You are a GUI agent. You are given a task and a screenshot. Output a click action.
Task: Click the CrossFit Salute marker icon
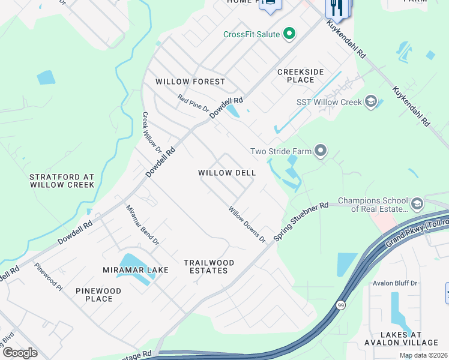click(x=289, y=34)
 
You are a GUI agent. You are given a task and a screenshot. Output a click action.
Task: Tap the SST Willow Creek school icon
click(x=370, y=101)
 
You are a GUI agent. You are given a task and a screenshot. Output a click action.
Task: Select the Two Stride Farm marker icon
click(x=321, y=151)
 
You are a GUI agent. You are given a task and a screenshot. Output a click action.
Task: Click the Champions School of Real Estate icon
click(x=417, y=204)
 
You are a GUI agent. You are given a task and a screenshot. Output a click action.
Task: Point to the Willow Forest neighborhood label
click(x=190, y=82)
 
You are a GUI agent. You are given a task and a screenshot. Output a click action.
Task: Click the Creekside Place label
click(x=300, y=76)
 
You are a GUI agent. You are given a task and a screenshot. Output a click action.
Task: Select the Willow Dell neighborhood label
click(x=227, y=173)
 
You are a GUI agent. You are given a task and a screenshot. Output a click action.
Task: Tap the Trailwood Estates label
click(x=209, y=266)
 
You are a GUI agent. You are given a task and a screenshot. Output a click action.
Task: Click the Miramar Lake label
click(x=135, y=270)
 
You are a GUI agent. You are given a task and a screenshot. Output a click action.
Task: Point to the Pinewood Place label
click(x=98, y=295)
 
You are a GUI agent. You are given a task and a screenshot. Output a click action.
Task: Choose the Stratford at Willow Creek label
click(x=62, y=181)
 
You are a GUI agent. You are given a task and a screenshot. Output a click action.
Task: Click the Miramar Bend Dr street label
click(x=142, y=225)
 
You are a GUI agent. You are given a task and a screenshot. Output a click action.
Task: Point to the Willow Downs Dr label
click(x=247, y=225)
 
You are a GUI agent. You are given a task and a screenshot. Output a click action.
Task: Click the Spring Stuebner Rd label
click(x=301, y=222)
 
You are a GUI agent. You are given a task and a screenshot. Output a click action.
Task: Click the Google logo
click(x=20, y=353)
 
